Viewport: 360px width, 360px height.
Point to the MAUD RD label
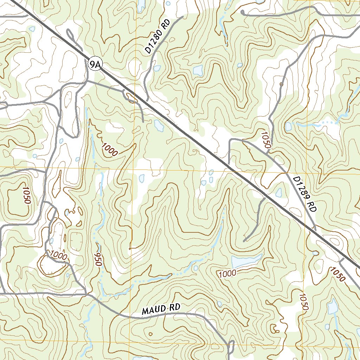(161, 309)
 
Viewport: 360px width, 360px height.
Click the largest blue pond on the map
(246, 261)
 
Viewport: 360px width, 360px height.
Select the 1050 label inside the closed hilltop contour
(26, 195)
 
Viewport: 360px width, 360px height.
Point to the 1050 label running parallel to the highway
(337, 274)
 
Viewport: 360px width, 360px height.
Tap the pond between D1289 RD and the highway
(279, 192)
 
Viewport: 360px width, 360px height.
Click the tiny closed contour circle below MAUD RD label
(150, 334)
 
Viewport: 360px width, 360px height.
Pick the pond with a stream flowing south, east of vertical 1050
(332, 307)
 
